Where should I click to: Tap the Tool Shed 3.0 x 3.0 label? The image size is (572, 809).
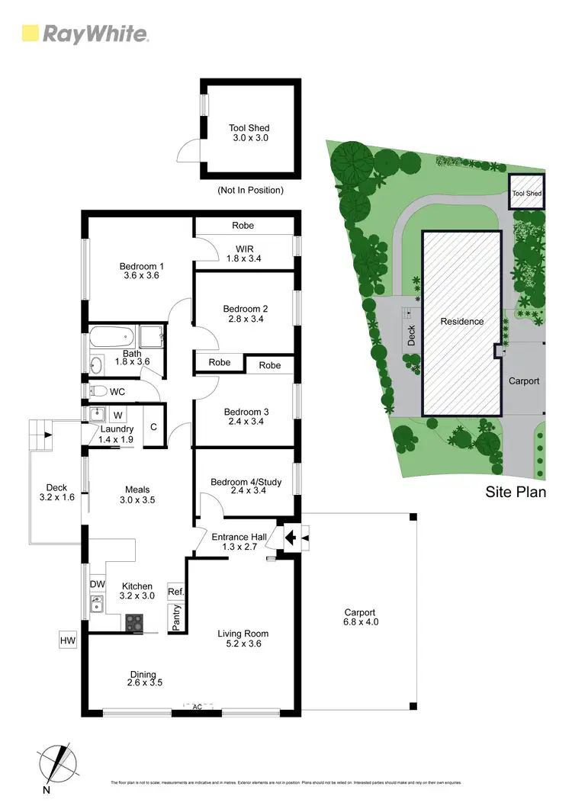249,133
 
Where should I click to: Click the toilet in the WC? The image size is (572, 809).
98,391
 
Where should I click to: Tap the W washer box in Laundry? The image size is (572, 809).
118,416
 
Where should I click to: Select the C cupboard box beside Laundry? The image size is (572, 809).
153,427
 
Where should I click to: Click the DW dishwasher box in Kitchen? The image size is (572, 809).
97,583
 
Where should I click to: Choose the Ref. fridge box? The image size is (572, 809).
176,592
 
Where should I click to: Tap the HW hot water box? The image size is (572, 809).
68,640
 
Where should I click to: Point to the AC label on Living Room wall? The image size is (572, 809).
197,707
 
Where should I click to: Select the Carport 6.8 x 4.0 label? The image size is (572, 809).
360,617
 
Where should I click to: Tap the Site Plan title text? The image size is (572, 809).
516,492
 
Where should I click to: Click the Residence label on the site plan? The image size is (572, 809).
462,321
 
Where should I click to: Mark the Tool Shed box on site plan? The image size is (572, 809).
526,193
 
